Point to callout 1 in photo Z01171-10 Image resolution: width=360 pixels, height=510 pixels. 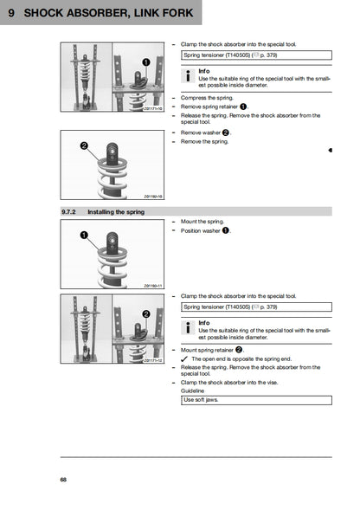click(146, 61)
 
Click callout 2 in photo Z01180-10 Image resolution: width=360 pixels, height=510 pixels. click(84, 146)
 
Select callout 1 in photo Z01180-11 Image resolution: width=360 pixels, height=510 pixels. click(83, 236)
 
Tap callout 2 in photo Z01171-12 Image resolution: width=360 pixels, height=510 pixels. click(146, 313)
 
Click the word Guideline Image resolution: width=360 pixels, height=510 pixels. click(192, 390)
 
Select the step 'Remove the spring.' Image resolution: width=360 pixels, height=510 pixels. click(204, 141)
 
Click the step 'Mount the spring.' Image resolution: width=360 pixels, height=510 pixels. click(202, 222)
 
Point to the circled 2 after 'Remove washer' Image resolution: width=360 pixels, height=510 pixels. click(225, 132)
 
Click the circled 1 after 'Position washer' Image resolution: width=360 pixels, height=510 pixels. click(225, 231)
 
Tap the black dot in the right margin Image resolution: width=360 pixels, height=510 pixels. click(331, 150)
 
